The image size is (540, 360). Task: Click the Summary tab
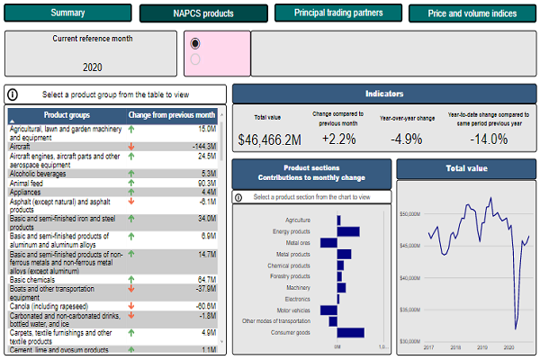pyautogui.click(x=67, y=13)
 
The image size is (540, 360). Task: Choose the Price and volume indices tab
pyautogui.click(x=473, y=13)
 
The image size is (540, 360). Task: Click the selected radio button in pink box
pyautogui.click(x=195, y=43)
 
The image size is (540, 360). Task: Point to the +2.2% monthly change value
pyautogui.click(x=337, y=139)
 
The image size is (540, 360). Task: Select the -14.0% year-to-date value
pyautogui.click(x=490, y=139)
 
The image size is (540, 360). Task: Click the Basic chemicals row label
pyautogui.click(x=32, y=280)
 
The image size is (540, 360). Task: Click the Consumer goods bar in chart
pyautogui.click(x=350, y=333)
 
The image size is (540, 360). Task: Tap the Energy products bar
pyautogui.click(x=347, y=231)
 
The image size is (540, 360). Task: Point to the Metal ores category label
pyautogui.click(x=298, y=243)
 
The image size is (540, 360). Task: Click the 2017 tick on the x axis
pyautogui.click(x=429, y=346)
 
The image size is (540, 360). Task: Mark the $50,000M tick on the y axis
pyautogui.click(x=410, y=214)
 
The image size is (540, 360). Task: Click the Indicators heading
pyautogui.click(x=384, y=94)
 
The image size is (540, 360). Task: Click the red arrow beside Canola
pyautogui.click(x=132, y=306)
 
